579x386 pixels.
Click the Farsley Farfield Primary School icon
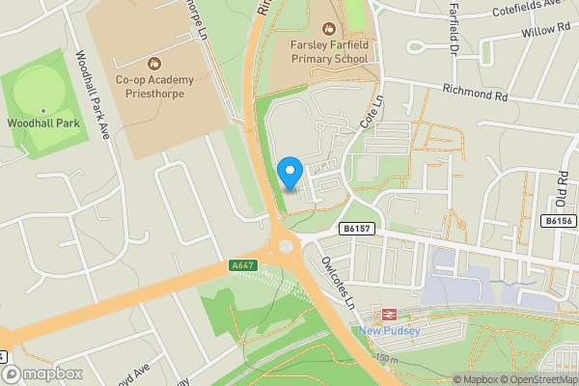click(329, 29)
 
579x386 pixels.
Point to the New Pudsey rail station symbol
click(390, 314)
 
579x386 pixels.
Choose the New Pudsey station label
click(390, 333)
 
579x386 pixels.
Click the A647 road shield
click(242, 265)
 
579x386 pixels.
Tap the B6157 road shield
click(358, 229)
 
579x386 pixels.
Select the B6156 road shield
click(559, 221)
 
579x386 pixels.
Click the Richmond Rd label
click(475, 95)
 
